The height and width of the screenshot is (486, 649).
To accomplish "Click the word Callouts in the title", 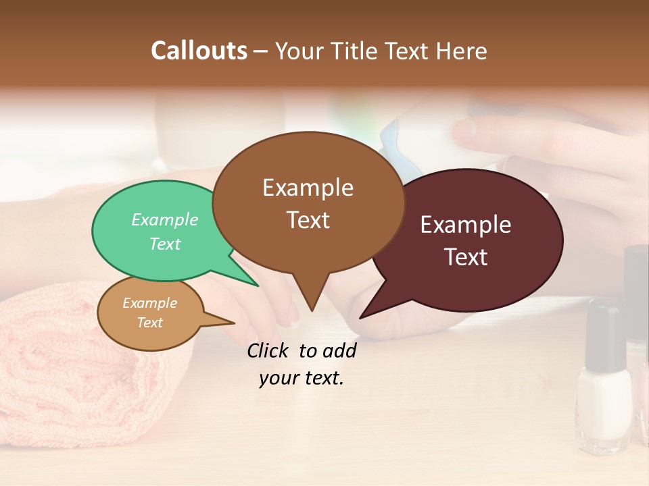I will click(199, 51).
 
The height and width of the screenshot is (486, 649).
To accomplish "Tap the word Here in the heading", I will click(462, 51).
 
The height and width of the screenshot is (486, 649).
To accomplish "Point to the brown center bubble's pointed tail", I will click(311, 297).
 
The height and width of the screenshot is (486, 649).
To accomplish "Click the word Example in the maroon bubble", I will click(466, 225).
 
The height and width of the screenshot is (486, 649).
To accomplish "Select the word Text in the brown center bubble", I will click(308, 220).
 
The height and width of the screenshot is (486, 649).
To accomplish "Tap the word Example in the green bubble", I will click(165, 220).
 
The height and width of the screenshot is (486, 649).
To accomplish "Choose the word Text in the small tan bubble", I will click(150, 323).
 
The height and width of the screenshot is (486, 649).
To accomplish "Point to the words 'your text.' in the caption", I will click(302, 378).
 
